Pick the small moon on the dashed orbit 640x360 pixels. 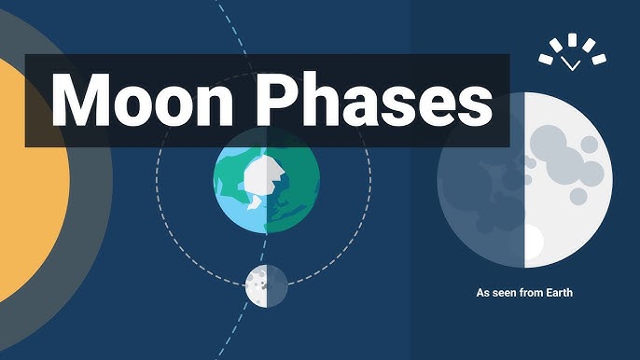(x=265, y=285)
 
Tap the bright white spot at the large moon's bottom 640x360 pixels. (x=533, y=244)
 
